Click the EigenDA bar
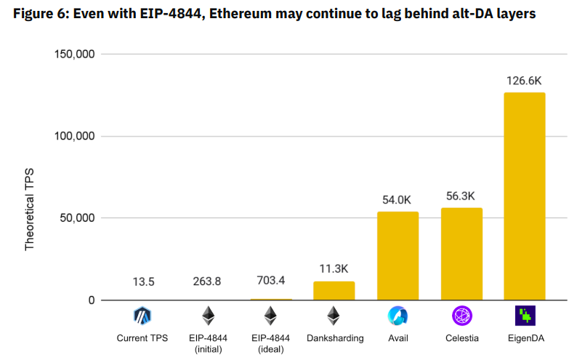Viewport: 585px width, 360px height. [525, 196]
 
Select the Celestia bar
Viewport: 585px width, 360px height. [461, 254]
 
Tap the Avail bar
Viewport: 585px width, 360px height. [398, 256]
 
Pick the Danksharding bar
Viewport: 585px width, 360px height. [334, 291]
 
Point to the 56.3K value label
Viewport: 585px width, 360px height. [461, 196]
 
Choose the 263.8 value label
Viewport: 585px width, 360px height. [207, 281]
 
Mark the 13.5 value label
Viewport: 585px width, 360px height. [143, 281]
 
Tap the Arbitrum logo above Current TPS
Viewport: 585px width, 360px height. [143, 315]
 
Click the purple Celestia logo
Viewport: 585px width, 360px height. [461, 315]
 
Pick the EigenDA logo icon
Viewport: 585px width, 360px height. [525, 315]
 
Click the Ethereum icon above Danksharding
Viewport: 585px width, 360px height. [334, 315]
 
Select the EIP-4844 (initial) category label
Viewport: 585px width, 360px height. [207, 343]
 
